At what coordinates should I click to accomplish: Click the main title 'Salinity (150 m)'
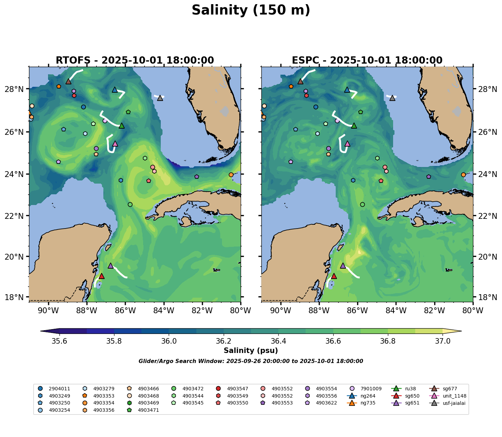click(251, 10)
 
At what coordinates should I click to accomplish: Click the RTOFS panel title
click(135, 61)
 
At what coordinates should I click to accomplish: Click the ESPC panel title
click(367, 61)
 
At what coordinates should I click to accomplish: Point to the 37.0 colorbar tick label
click(443, 341)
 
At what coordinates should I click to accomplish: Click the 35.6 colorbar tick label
click(59, 341)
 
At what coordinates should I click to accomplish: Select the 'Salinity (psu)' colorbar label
click(251, 351)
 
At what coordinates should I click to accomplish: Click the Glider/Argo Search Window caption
click(251, 361)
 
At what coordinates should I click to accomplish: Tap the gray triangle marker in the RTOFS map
click(160, 98)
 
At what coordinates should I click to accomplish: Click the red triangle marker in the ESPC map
click(334, 276)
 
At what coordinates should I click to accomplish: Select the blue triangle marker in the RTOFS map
click(115, 90)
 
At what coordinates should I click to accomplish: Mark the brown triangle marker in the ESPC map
click(300, 82)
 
